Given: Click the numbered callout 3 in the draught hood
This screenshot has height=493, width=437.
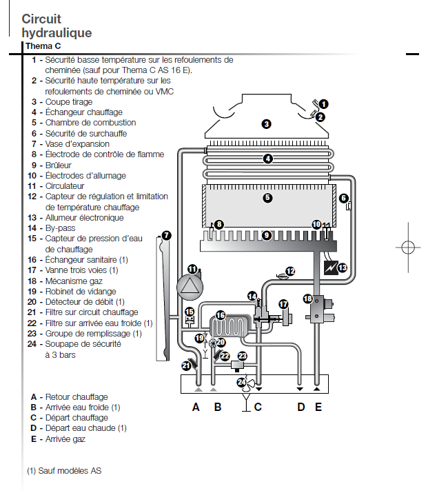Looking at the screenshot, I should pyautogui.click(x=266, y=124).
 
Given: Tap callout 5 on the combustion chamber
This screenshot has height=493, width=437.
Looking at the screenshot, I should pyautogui.click(x=267, y=198).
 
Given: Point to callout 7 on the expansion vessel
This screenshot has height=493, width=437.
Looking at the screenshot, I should pyautogui.click(x=167, y=235).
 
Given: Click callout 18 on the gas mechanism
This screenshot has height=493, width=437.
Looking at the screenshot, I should pyautogui.click(x=307, y=299).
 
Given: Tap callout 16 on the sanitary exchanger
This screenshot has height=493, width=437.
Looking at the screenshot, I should pyautogui.click(x=221, y=315).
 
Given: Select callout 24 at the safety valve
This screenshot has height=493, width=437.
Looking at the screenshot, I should pyautogui.click(x=241, y=381).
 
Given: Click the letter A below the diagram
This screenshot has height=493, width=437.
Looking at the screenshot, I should pyautogui.click(x=196, y=407).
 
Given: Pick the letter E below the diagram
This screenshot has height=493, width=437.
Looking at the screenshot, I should pyautogui.click(x=318, y=407).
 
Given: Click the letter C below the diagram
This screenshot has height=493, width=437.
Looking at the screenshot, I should pyautogui.click(x=258, y=407).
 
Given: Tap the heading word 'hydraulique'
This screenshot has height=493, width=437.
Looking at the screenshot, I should pyautogui.click(x=57, y=32).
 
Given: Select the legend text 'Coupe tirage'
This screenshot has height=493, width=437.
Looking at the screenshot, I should pyautogui.click(x=68, y=101).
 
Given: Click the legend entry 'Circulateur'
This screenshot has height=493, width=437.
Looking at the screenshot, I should pyautogui.click(x=65, y=185).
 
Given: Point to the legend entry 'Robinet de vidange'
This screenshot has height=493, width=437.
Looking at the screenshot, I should pyautogui.click(x=79, y=291).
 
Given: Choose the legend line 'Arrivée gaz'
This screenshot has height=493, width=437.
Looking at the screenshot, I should pyautogui.click(x=66, y=439).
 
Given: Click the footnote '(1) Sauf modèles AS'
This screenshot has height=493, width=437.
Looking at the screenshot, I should pyautogui.click(x=64, y=471).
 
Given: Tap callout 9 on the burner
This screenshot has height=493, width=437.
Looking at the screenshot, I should pyautogui.click(x=267, y=235).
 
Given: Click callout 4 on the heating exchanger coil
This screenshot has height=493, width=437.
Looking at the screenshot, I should pyautogui.click(x=268, y=159).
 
